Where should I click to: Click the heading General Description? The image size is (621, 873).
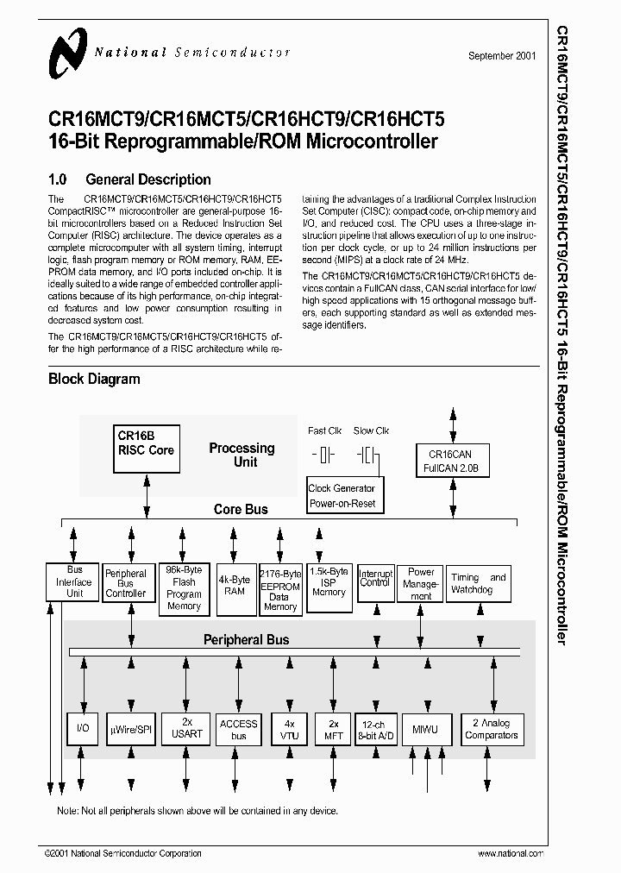[147, 179]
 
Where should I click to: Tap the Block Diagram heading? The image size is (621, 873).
[94, 379]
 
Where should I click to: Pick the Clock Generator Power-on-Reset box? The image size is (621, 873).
[342, 496]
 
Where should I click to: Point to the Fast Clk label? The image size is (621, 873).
[325, 430]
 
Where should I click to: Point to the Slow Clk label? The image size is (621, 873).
[371, 430]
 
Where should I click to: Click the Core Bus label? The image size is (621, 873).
[241, 510]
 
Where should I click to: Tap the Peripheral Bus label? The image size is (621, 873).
[246, 640]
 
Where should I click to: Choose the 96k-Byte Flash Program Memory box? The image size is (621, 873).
[184, 588]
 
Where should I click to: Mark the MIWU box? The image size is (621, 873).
[424, 730]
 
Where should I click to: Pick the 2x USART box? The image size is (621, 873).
[186, 729]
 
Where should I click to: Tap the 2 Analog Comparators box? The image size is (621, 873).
[491, 730]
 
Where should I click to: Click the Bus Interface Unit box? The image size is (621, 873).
[74, 581]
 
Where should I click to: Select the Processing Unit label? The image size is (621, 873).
[241, 455]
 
